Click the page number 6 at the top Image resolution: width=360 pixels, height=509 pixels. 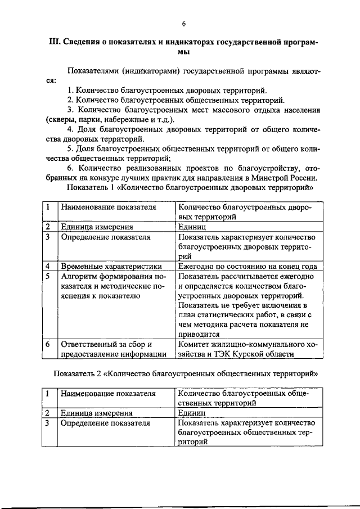[183, 23]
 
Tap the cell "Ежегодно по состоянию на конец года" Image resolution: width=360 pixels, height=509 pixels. [247, 266]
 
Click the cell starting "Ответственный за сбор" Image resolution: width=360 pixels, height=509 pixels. [113, 348]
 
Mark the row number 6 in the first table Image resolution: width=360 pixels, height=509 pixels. [48, 344]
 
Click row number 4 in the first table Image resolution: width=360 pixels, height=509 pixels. [48, 266]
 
